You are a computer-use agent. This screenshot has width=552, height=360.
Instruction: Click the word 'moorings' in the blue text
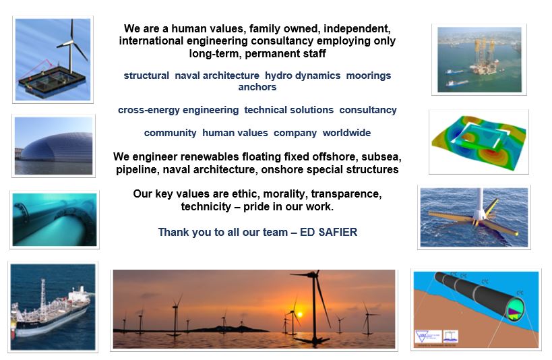368,76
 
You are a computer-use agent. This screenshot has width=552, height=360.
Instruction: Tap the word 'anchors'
257,87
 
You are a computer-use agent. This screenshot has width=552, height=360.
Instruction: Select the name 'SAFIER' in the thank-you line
338,232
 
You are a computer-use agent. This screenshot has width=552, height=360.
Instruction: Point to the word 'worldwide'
346,133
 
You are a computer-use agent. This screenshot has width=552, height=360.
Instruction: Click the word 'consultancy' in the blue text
368,110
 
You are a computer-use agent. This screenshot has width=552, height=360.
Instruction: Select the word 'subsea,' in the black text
381,157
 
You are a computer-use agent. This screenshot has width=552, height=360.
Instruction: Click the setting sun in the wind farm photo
299,314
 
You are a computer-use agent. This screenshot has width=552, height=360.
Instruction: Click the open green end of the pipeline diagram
516,309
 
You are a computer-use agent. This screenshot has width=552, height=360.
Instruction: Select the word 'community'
170,133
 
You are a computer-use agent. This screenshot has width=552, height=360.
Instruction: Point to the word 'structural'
146,76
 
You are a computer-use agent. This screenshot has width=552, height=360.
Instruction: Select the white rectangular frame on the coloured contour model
483,135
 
